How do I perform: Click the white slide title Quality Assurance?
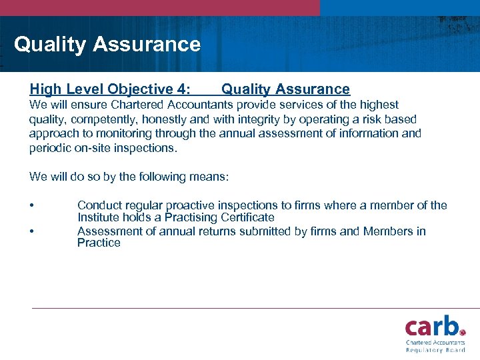point(107,45)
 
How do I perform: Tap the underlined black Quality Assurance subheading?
point(285,89)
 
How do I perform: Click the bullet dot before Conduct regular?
point(32,206)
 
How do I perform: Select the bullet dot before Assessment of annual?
point(32,231)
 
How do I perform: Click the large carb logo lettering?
point(430,327)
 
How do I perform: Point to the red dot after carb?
point(462,331)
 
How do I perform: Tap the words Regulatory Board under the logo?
point(435,350)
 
